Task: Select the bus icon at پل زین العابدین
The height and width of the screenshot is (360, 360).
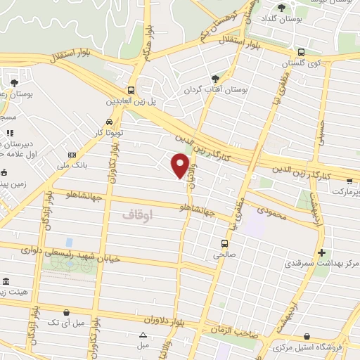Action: tap(131, 90)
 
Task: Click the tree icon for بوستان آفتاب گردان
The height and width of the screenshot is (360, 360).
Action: tap(215, 79)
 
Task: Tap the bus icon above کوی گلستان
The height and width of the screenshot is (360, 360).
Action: tap(302, 51)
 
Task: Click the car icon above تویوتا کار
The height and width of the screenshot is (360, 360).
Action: tap(108, 120)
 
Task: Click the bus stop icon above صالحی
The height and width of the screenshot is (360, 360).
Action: tap(221, 245)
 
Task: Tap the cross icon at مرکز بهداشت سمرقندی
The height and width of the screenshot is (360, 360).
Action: tap(321, 252)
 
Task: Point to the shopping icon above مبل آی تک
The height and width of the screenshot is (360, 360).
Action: tap(66, 312)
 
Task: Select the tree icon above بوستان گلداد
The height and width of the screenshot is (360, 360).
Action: tap(282, 8)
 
